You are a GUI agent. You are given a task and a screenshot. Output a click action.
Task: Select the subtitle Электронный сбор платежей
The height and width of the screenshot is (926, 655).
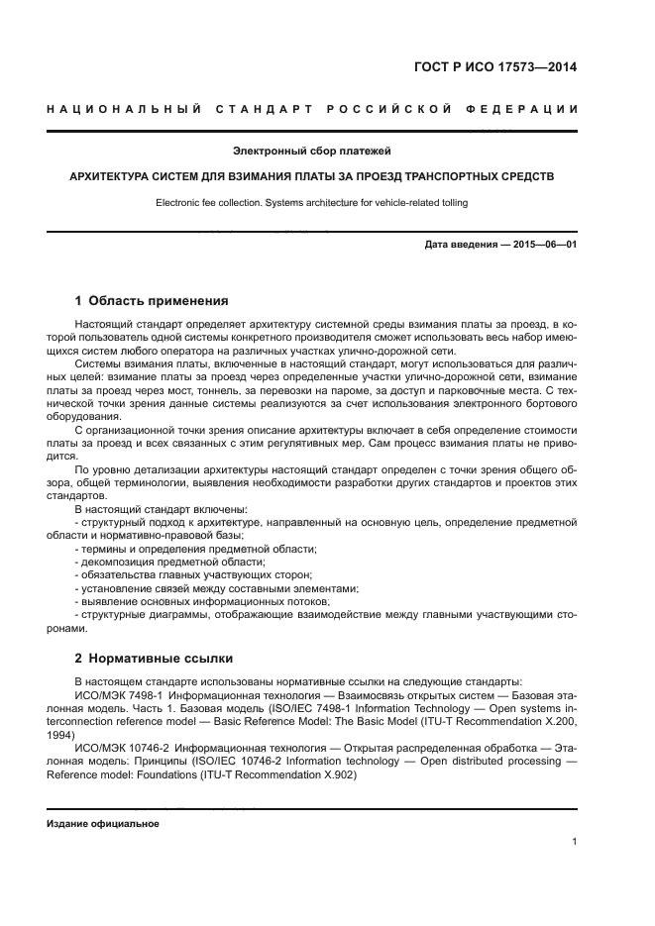pyautogui.click(x=312, y=152)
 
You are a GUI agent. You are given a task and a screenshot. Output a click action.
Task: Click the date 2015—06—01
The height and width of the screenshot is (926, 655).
pyautogui.click(x=543, y=243)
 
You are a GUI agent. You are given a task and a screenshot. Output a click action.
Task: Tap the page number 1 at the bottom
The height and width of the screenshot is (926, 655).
pyautogui.click(x=575, y=843)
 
